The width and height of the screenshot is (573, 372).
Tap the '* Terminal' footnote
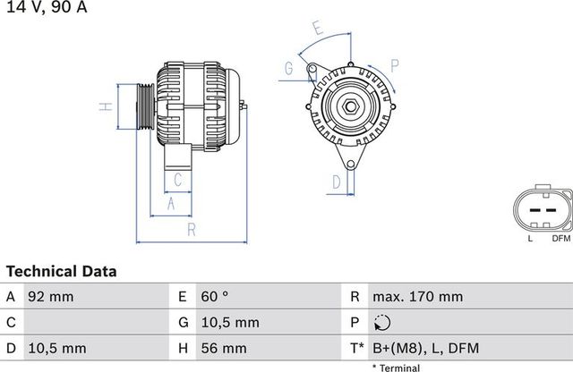[396, 367]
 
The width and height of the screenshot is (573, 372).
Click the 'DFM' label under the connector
[560, 239]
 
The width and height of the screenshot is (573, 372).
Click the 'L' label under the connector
[530, 239]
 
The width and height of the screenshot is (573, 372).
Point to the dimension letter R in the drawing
[192, 231]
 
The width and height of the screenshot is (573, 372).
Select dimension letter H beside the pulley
[105, 106]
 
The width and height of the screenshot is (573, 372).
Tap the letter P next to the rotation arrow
[395, 63]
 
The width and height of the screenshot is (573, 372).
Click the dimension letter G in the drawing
[289, 69]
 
